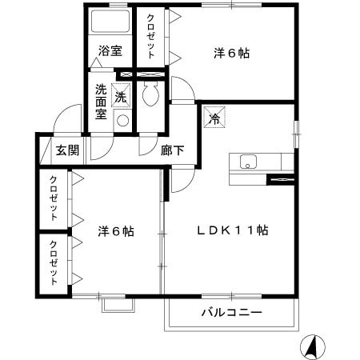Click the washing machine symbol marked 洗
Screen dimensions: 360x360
click(121, 94)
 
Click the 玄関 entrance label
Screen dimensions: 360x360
click(67, 149)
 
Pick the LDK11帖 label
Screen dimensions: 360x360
click(233, 230)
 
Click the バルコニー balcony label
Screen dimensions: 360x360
click(231, 312)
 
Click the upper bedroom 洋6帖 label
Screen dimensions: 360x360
click(231, 54)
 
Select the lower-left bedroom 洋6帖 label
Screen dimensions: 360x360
click(114, 231)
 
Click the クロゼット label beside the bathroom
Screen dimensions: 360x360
click(150, 37)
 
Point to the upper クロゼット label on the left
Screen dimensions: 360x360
click(54, 198)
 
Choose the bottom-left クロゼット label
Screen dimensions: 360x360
click(54, 263)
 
